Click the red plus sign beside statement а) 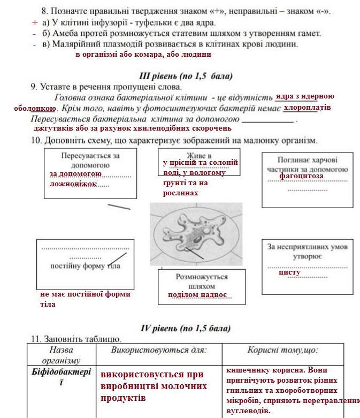tap(35, 22)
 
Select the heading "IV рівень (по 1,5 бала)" tap(186, 328)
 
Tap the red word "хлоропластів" tap(307, 108)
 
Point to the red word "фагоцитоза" tap(301, 176)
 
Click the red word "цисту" tap(289, 272)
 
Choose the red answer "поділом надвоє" tap(197, 295)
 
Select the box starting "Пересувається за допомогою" tap(90, 173)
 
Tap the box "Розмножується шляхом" tap(201, 286)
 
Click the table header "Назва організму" tap(61, 354)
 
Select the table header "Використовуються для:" tap(158, 350)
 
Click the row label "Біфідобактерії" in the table tap(61, 377)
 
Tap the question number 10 tap(36, 140)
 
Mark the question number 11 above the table tap(35, 339)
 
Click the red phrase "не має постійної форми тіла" tap(85, 299)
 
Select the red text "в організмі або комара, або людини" tap(143, 54)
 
